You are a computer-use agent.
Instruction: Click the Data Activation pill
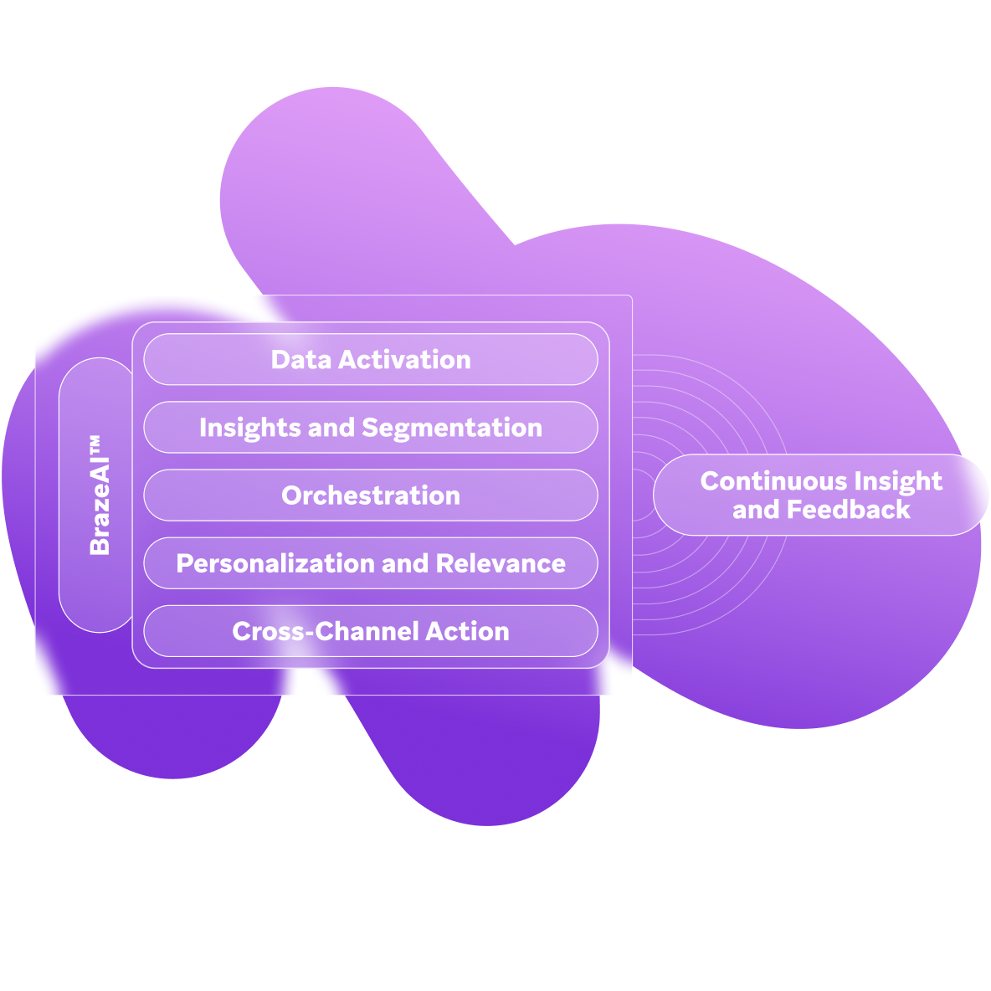point(371,360)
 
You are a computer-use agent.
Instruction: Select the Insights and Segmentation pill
point(371,428)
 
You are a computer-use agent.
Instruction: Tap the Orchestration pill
point(371,495)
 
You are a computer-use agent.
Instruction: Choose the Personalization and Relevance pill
point(371,563)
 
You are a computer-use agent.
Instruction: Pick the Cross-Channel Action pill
point(371,631)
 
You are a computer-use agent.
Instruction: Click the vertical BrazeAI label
point(100,506)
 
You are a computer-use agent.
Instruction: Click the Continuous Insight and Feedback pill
point(820,495)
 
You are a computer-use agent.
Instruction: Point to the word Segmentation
point(452,428)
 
